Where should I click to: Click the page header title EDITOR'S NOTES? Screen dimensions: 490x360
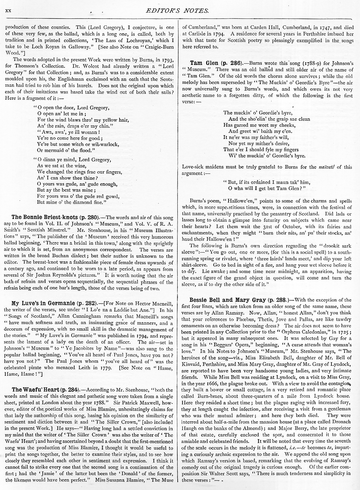coord(177,11)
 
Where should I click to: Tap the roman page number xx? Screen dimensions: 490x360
coord(8,11)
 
